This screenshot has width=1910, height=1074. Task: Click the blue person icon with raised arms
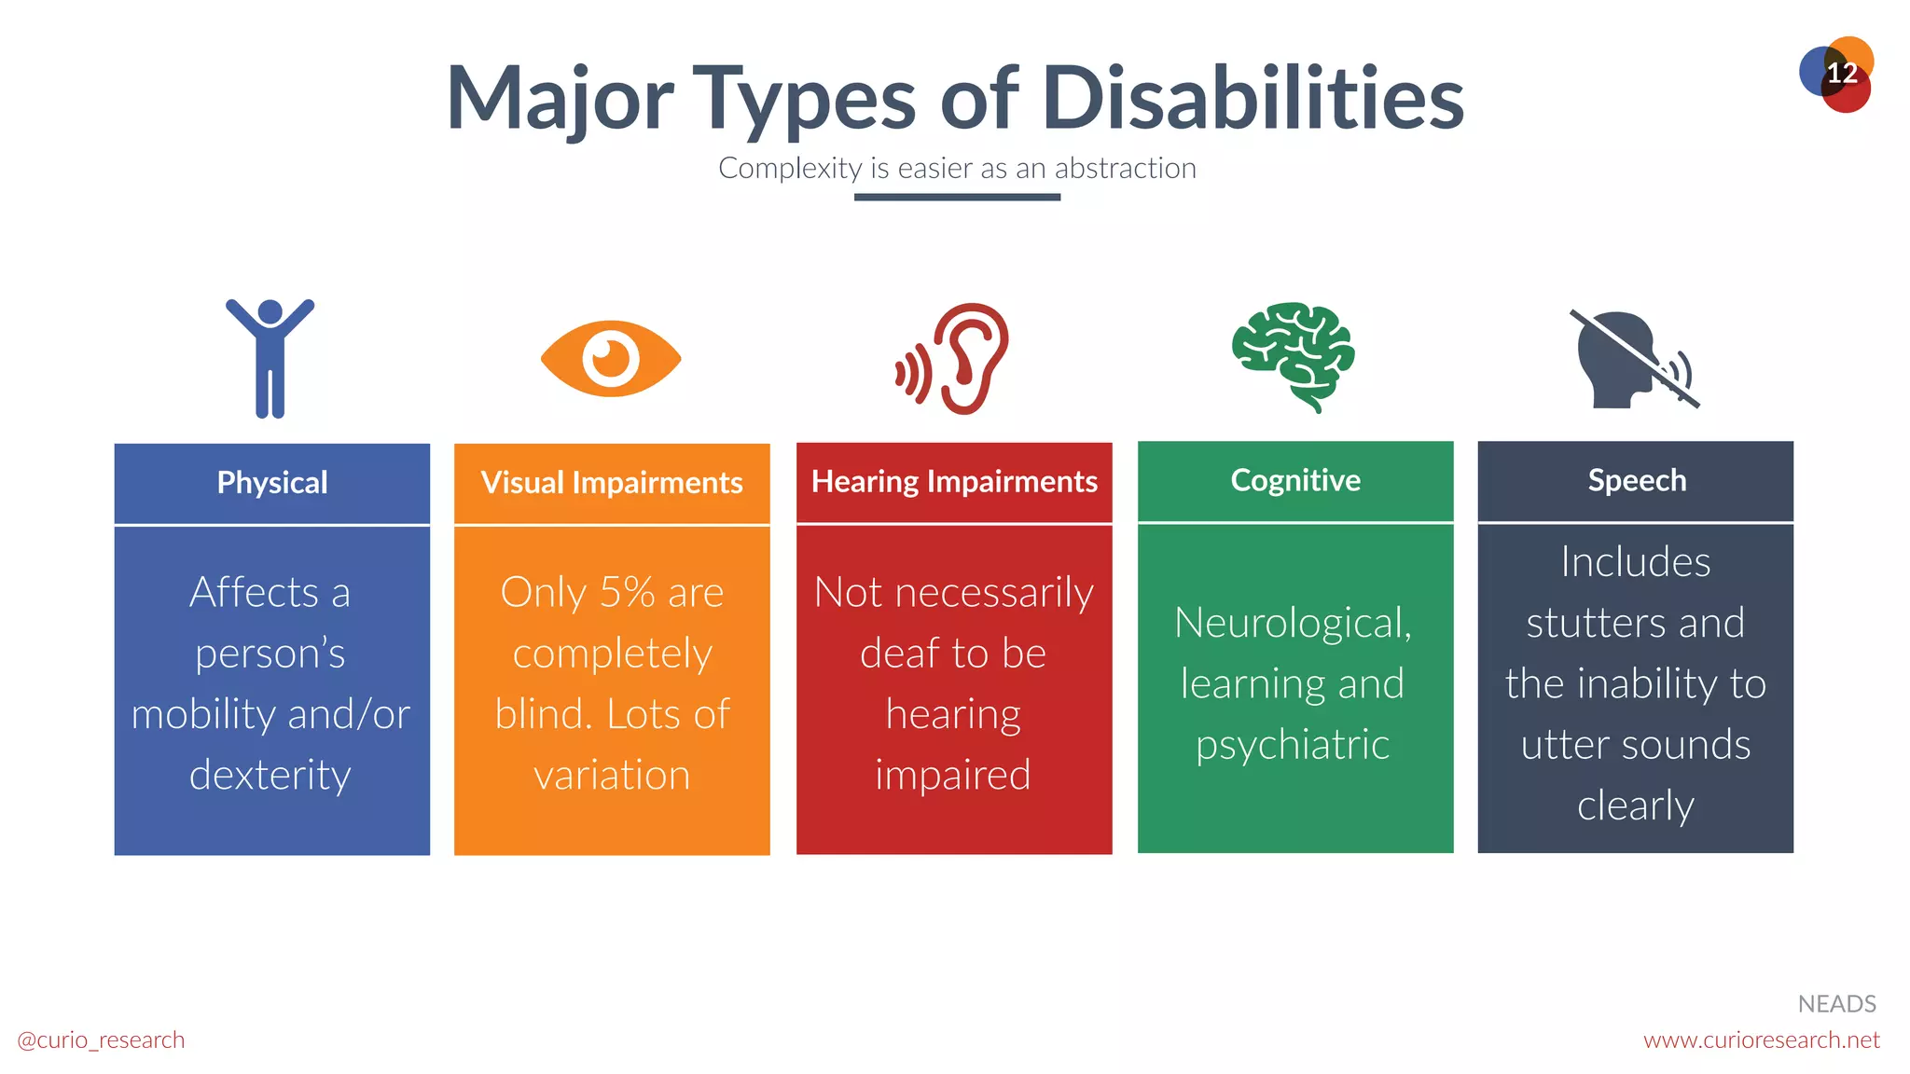point(270,358)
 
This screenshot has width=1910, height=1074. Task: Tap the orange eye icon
point(611,359)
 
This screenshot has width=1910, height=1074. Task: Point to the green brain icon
point(1294,355)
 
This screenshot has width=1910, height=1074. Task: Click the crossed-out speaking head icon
point(1633,360)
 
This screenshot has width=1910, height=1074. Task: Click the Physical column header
point(272,483)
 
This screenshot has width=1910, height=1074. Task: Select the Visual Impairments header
point(612,483)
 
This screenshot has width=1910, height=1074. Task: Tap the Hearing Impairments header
point(954,482)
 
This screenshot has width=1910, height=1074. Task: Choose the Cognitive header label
point(1295,480)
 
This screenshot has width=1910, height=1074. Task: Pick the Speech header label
point(1637,480)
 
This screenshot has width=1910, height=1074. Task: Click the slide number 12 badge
point(1837,74)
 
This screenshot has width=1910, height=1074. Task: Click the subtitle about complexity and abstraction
point(957,169)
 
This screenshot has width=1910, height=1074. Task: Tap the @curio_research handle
point(101,1040)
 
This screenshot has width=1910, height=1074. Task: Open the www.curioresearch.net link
point(1761,1040)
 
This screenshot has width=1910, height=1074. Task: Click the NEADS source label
point(1836,1004)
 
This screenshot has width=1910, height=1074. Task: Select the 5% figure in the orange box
point(627,593)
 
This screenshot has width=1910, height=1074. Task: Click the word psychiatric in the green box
point(1293,745)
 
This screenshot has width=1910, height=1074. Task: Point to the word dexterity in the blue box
point(270,775)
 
